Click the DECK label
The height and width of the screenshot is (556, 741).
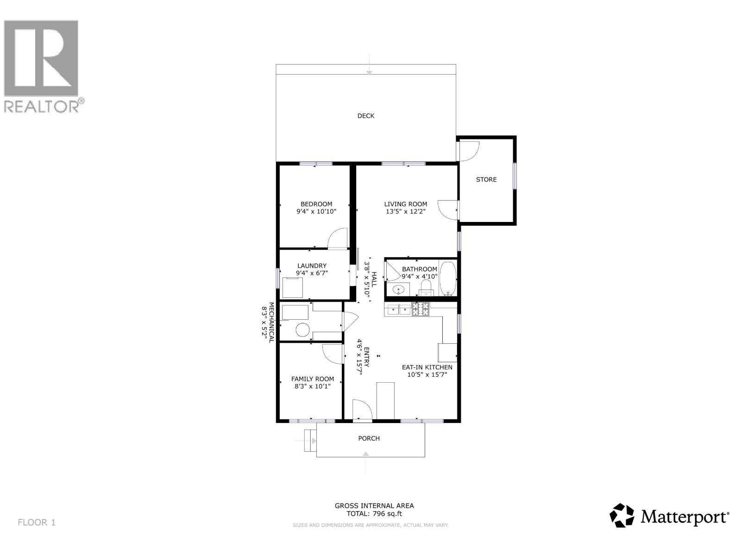point(365,116)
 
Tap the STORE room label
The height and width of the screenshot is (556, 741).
point(486,179)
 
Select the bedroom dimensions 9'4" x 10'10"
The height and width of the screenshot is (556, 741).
point(316,212)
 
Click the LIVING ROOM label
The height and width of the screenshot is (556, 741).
point(405,204)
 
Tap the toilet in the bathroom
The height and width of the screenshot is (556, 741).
point(426,286)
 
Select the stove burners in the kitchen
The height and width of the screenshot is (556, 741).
point(421,309)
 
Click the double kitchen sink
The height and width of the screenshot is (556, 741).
point(398,310)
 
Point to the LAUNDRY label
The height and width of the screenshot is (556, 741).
point(312,266)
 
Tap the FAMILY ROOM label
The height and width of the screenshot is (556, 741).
point(312,379)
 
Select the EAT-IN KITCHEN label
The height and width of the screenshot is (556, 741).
point(427,367)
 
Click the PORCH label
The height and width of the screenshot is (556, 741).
point(369,438)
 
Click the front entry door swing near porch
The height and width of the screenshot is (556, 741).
point(362,410)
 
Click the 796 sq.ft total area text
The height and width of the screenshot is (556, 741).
point(374,513)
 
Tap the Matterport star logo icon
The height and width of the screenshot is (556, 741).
point(622,515)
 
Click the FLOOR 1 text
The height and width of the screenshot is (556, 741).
point(37,523)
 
